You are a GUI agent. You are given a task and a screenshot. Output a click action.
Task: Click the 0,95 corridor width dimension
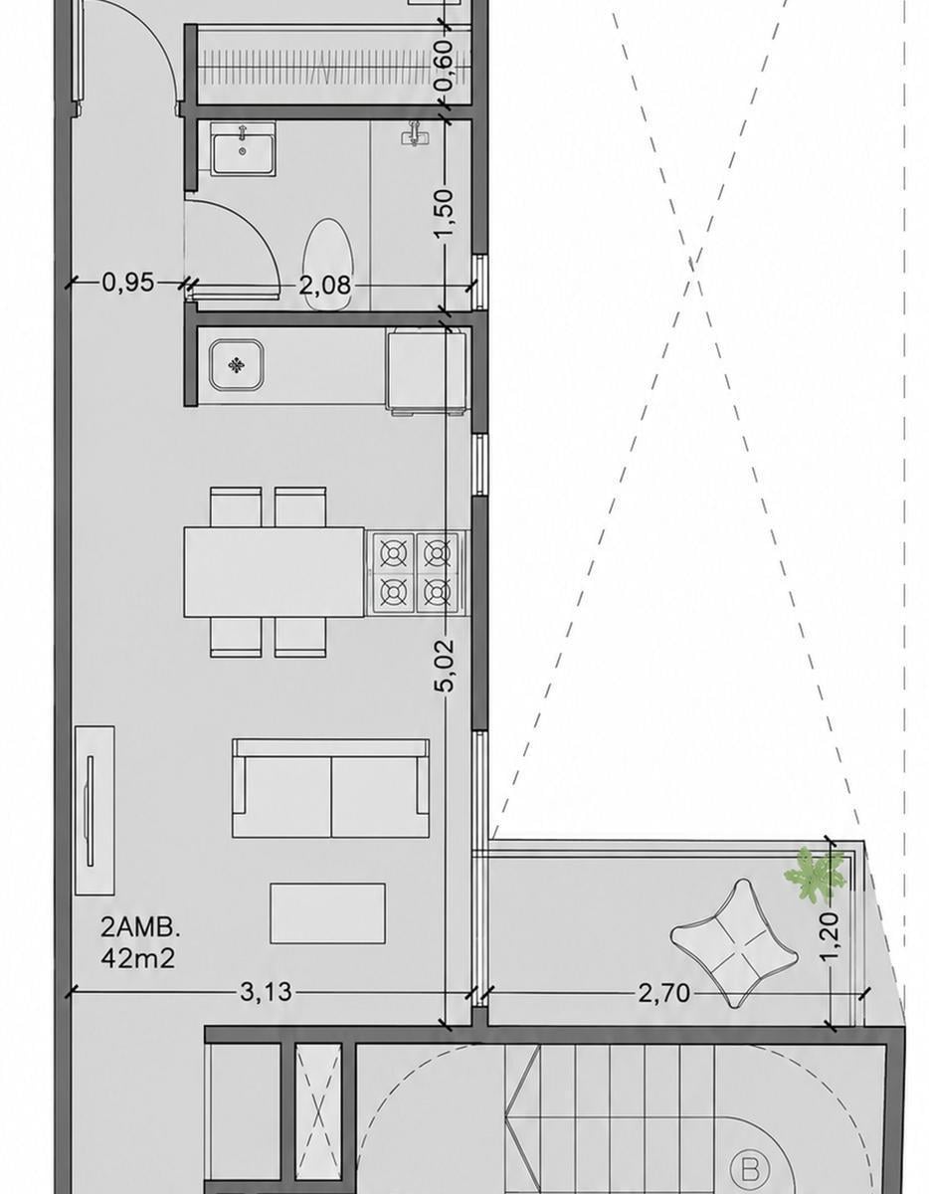[x=128, y=283]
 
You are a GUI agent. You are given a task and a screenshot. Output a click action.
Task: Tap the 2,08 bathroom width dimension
[x=325, y=286]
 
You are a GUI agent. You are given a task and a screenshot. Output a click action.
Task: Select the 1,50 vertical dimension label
[x=445, y=213]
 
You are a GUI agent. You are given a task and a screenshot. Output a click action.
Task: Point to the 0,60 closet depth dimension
[x=445, y=66]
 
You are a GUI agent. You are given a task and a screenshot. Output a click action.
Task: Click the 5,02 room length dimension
[x=445, y=665]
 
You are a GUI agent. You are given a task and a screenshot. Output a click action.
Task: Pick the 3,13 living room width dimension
[x=267, y=992]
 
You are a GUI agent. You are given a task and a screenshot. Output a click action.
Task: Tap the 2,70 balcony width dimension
[x=663, y=993]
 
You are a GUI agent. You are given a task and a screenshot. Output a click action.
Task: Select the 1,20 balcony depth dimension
[x=830, y=935]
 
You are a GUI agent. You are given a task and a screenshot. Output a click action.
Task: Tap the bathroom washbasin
[x=244, y=148]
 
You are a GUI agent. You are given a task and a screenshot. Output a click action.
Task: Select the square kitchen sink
[x=237, y=365]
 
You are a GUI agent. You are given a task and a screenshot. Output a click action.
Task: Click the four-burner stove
[x=415, y=572]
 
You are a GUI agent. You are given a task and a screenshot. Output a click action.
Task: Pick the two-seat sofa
[x=330, y=788]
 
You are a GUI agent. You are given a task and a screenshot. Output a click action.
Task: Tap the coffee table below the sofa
[x=327, y=912]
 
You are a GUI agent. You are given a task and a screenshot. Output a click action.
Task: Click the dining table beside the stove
[x=274, y=572]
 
